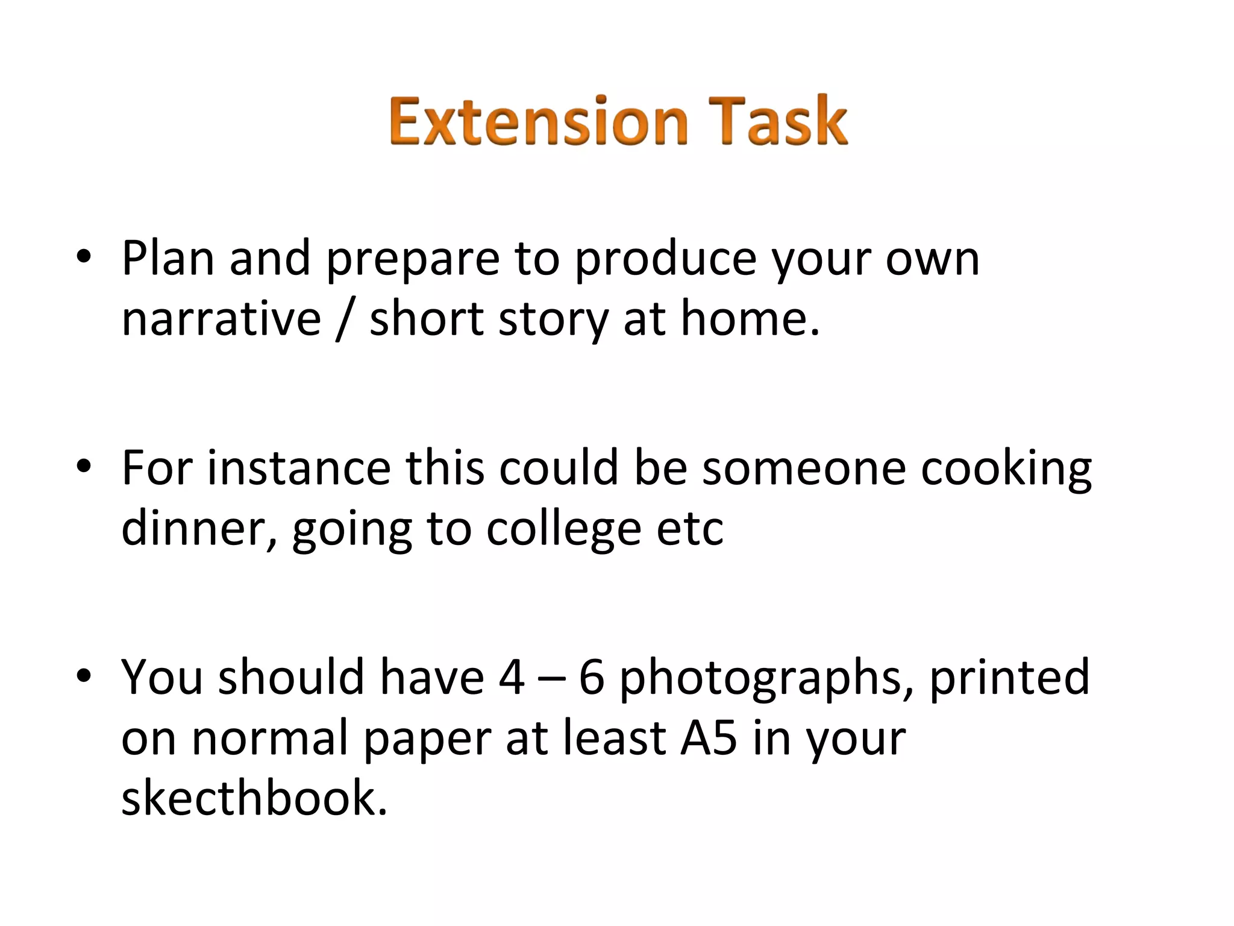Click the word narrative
pos(221,319)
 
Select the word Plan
pos(168,258)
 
